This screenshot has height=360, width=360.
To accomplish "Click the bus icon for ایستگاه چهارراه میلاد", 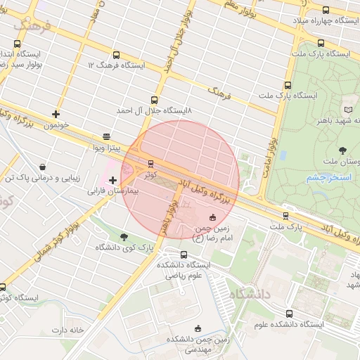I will pyautogui.click(x=325, y=11).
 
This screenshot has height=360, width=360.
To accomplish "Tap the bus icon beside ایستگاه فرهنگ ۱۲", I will pyautogui.click(x=115, y=55).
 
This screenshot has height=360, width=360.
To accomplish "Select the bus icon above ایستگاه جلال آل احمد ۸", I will pyautogui.click(x=155, y=101).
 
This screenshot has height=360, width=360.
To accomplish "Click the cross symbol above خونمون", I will pyautogui.click(x=56, y=114).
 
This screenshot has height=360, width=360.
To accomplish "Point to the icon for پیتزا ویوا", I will pyautogui.click(x=106, y=136).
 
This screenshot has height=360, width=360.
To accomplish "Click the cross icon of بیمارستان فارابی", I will pyautogui.click(x=112, y=181).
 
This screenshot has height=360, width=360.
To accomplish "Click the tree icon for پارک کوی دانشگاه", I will pyautogui.click(x=124, y=237).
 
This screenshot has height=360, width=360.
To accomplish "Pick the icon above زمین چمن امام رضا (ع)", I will pyautogui.click(x=214, y=217).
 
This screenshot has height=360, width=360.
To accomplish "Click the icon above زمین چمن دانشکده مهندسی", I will pyautogui.click(x=198, y=328).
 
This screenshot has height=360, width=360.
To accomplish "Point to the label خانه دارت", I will pyautogui.click(x=67, y=329).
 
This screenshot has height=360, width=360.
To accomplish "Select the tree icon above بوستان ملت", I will pyautogui.click(x=342, y=150).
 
